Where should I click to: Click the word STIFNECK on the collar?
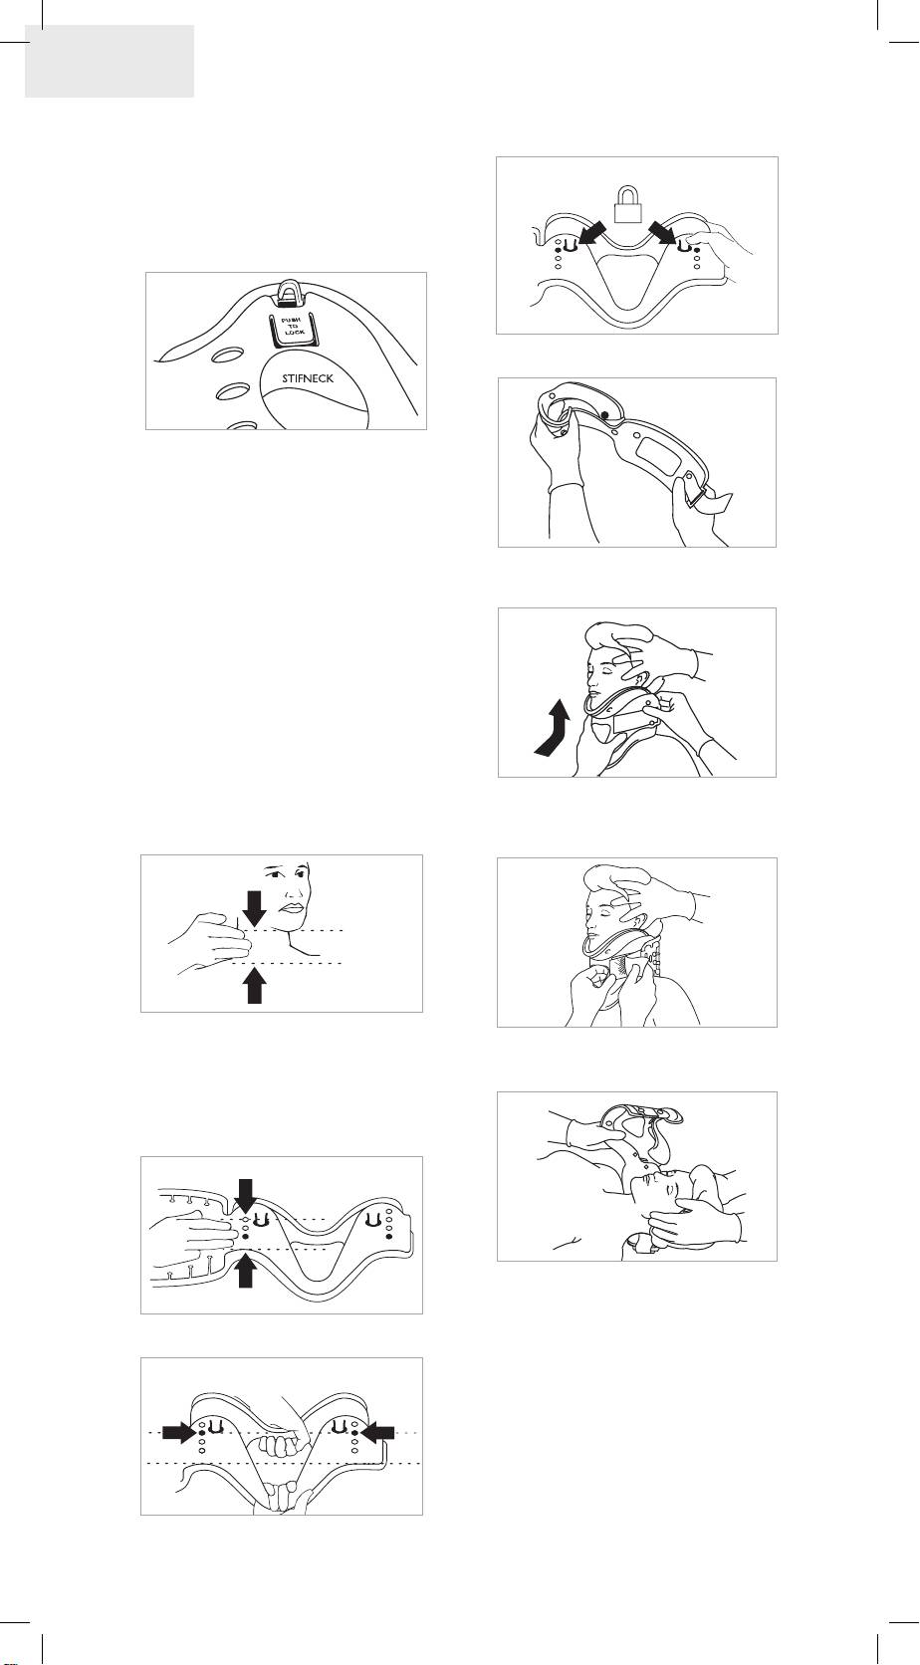coord(308,378)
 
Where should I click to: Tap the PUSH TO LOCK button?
coord(292,328)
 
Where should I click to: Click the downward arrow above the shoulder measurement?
coord(254,908)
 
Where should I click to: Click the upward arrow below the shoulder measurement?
coord(255,985)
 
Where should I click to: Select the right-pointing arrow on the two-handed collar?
coord(179,1432)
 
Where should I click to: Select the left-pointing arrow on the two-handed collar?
coord(377,1432)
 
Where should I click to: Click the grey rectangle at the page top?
coord(110,61)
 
